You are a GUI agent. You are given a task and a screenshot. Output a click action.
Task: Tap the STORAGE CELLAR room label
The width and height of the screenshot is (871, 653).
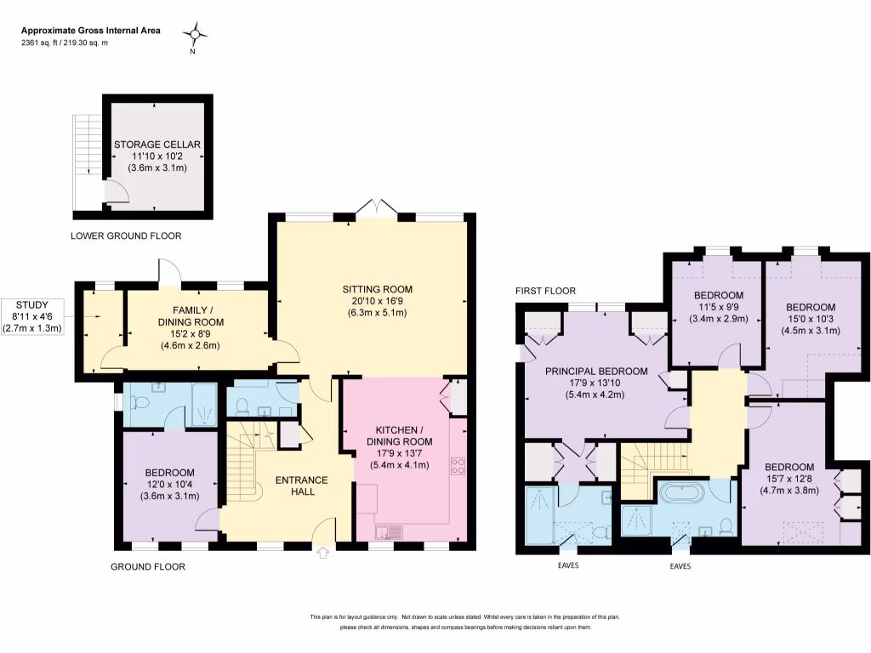[x=157, y=145]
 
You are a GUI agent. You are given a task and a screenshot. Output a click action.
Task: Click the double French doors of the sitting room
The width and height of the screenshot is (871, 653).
[x=375, y=207]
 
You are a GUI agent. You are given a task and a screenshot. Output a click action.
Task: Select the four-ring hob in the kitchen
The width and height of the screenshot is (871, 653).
[x=457, y=465]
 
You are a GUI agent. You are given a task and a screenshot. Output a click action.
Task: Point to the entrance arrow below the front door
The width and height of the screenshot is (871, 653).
[x=322, y=554]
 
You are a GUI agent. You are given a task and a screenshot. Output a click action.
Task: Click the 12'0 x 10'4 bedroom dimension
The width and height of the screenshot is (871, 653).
[x=169, y=485]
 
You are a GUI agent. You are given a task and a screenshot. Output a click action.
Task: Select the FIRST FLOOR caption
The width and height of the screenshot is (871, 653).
[x=545, y=291]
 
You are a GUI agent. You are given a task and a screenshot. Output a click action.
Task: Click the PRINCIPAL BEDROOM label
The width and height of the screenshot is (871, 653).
[x=596, y=371]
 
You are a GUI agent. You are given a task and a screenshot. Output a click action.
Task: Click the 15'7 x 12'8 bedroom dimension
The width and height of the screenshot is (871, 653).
[x=788, y=479]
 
